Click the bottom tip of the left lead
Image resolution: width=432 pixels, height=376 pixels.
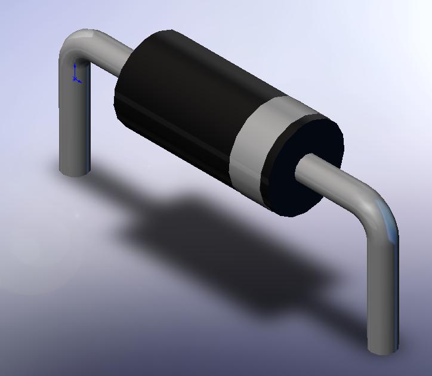[75, 171]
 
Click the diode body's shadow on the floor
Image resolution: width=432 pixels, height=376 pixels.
[227, 239]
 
